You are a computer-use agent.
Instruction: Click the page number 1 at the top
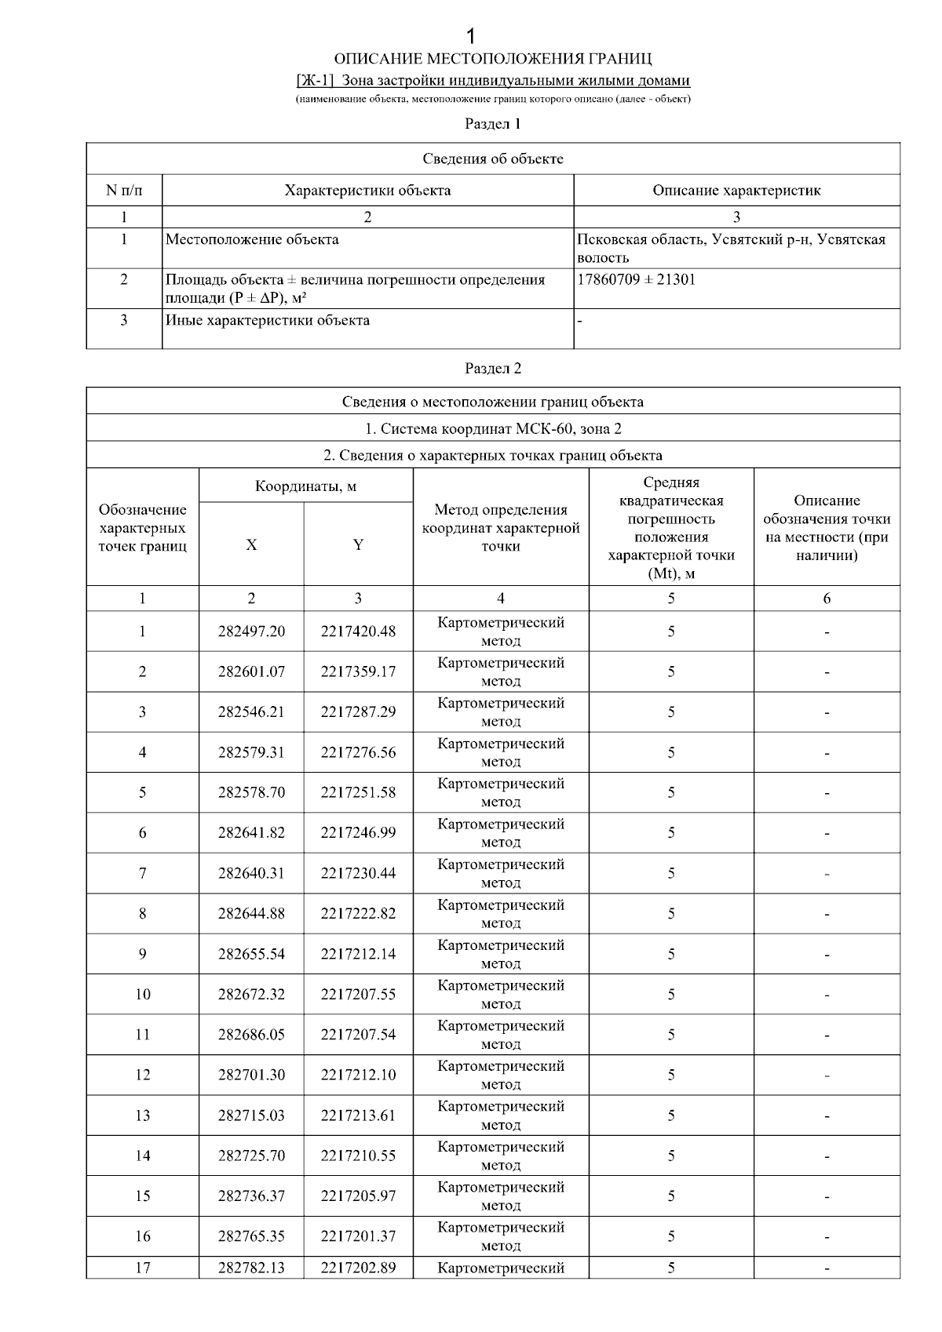(471, 36)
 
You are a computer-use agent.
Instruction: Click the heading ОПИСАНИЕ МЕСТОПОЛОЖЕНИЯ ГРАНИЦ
(493, 60)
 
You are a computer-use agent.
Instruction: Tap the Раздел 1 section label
(493, 124)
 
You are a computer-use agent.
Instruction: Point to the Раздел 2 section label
(493, 369)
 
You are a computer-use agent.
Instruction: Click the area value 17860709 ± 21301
(636, 280)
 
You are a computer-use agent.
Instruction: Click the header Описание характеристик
(736, 191)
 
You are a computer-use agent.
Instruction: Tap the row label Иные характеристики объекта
(268, 321)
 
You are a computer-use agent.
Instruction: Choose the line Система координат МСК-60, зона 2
(493, 429)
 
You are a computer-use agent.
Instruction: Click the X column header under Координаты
(251, 545)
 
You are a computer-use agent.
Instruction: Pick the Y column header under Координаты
(358, 545)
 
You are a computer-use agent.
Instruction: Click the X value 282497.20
(251, 631)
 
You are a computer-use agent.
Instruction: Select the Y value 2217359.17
(358, 672)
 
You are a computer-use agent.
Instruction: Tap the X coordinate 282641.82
(251, 833)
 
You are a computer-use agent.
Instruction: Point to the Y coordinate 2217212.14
(358, 955)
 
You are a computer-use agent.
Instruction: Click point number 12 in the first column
(142, 1075)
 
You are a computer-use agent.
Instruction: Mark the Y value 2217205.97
(358, 1196)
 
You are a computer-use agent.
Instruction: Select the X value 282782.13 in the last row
(251, 1268)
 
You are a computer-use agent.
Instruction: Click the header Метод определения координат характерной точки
(501, 528)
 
